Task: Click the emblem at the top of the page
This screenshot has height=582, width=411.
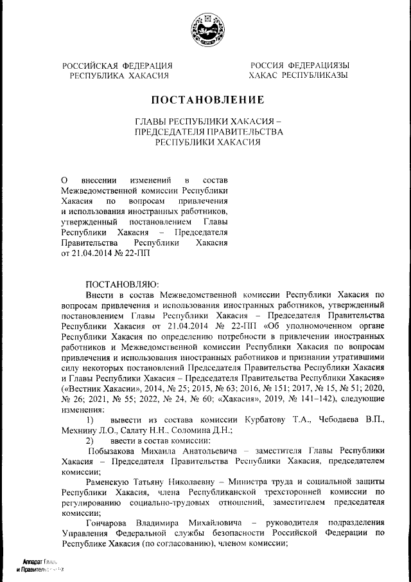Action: pyautogui.click(x=205, y=29)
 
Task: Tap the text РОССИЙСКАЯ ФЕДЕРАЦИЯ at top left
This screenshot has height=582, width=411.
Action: pyautogui.click(x=118, y=66)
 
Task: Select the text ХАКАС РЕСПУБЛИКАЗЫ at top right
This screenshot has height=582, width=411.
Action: pyautogui.click(x=299, y=75)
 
